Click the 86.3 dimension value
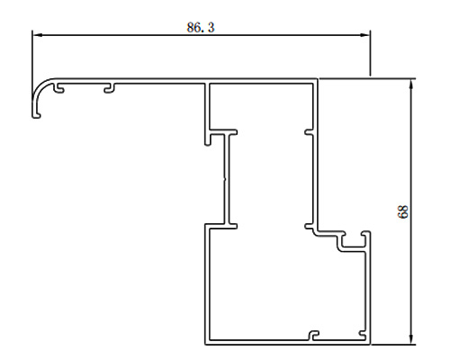(201, 28)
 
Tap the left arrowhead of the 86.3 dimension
(37, 35)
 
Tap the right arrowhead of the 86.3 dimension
(365, 35)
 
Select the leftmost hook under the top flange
(58, 88)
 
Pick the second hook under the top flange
(110, 88)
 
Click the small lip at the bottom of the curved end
(37, 115)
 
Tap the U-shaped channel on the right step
(354, 242)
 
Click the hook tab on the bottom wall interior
(314, 336)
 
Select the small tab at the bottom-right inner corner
(363, 334)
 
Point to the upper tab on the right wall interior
(309, 132)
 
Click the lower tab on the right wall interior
(309, 226)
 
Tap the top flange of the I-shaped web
(224, 132)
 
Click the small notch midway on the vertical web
(225, 180)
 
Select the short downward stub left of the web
(208, 139)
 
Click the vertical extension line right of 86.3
(370, 53)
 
